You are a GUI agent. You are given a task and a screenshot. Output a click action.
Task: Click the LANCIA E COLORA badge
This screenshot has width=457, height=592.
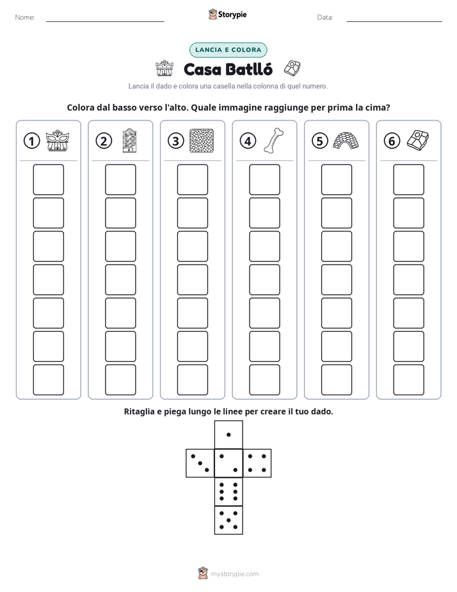(x=228, y=50)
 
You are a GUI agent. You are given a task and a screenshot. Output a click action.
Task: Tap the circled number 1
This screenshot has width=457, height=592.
(x=31, y=141)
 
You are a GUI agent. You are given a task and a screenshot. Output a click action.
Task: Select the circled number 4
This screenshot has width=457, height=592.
(x=248, y=141)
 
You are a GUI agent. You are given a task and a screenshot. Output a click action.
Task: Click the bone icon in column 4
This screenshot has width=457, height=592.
(x=274, y=141)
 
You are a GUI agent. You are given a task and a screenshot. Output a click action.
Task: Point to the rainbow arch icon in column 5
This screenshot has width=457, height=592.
(x=346, y=140)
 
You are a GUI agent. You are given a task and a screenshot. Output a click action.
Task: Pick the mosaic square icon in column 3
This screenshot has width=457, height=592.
(x=202, y=141)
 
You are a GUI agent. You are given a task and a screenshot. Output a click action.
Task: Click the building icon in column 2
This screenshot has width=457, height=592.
(x=129, y=140)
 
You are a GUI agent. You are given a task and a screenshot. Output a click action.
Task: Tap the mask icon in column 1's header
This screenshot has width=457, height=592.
(x=58, y=141)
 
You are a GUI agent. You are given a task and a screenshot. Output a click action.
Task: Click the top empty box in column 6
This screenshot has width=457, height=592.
(x=409, y=179)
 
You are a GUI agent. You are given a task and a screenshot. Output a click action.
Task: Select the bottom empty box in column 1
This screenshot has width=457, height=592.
(x=49, y=380)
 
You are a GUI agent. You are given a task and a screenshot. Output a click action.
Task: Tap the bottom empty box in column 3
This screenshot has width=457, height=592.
(x=193, y=380)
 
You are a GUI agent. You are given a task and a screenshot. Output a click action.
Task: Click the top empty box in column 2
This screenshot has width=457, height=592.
(x=121, y=179)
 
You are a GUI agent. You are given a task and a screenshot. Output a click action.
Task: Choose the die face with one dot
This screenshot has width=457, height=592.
(x=228, y=434)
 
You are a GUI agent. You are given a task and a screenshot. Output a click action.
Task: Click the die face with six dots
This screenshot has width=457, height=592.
(x=228, y=491)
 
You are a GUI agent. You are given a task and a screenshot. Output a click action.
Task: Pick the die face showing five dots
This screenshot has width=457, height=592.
(x=228, y=520)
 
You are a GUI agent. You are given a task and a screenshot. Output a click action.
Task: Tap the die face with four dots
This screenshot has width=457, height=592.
(x=257, y=463)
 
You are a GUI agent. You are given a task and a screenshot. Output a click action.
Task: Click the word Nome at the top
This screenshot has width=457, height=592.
(x=25, y=17)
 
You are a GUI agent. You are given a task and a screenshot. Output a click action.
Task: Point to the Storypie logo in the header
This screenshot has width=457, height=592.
(x=228, y=15)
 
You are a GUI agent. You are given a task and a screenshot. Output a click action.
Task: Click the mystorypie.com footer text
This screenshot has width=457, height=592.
(x=234, y=574)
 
